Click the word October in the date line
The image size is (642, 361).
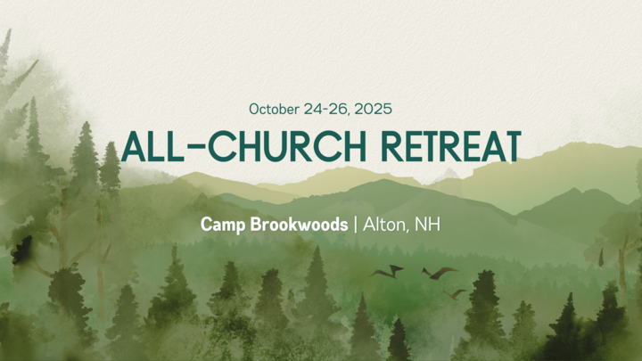pyautogui.click(x=274, y=110)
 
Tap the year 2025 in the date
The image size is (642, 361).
pyautogui.click(x=373, y=109)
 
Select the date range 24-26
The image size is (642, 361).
pyautogui.click(x=325, y=110)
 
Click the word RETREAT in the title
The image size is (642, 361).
pyautogui.click(x=451, y=146)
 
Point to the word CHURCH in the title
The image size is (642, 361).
pyautogui.click(x=287, y=146)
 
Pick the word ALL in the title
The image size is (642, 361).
pyautogui.click(x=152, y=146)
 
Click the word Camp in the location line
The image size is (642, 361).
pyautogui.click(x=223, y=225)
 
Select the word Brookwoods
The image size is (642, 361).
pyautogui.click(x=299, y=225)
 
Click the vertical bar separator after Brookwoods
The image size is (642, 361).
pyautogui.click(x=356, y=225)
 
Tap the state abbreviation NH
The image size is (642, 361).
pyautogui.click(x=427, y=225)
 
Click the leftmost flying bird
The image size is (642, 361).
pyautogui.click(x=387, y=271)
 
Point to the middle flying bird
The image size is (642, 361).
pyautogui.click(x=440, y=273)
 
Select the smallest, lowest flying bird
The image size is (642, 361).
pyautogui.click(x=455, y=294)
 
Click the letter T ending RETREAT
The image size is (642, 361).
pyautogui.click(x=512, y=146)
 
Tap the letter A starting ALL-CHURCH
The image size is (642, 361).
pyautogui.click(x=133, y=146)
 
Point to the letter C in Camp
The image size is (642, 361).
pyautogui.click(x=206, y=225)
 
